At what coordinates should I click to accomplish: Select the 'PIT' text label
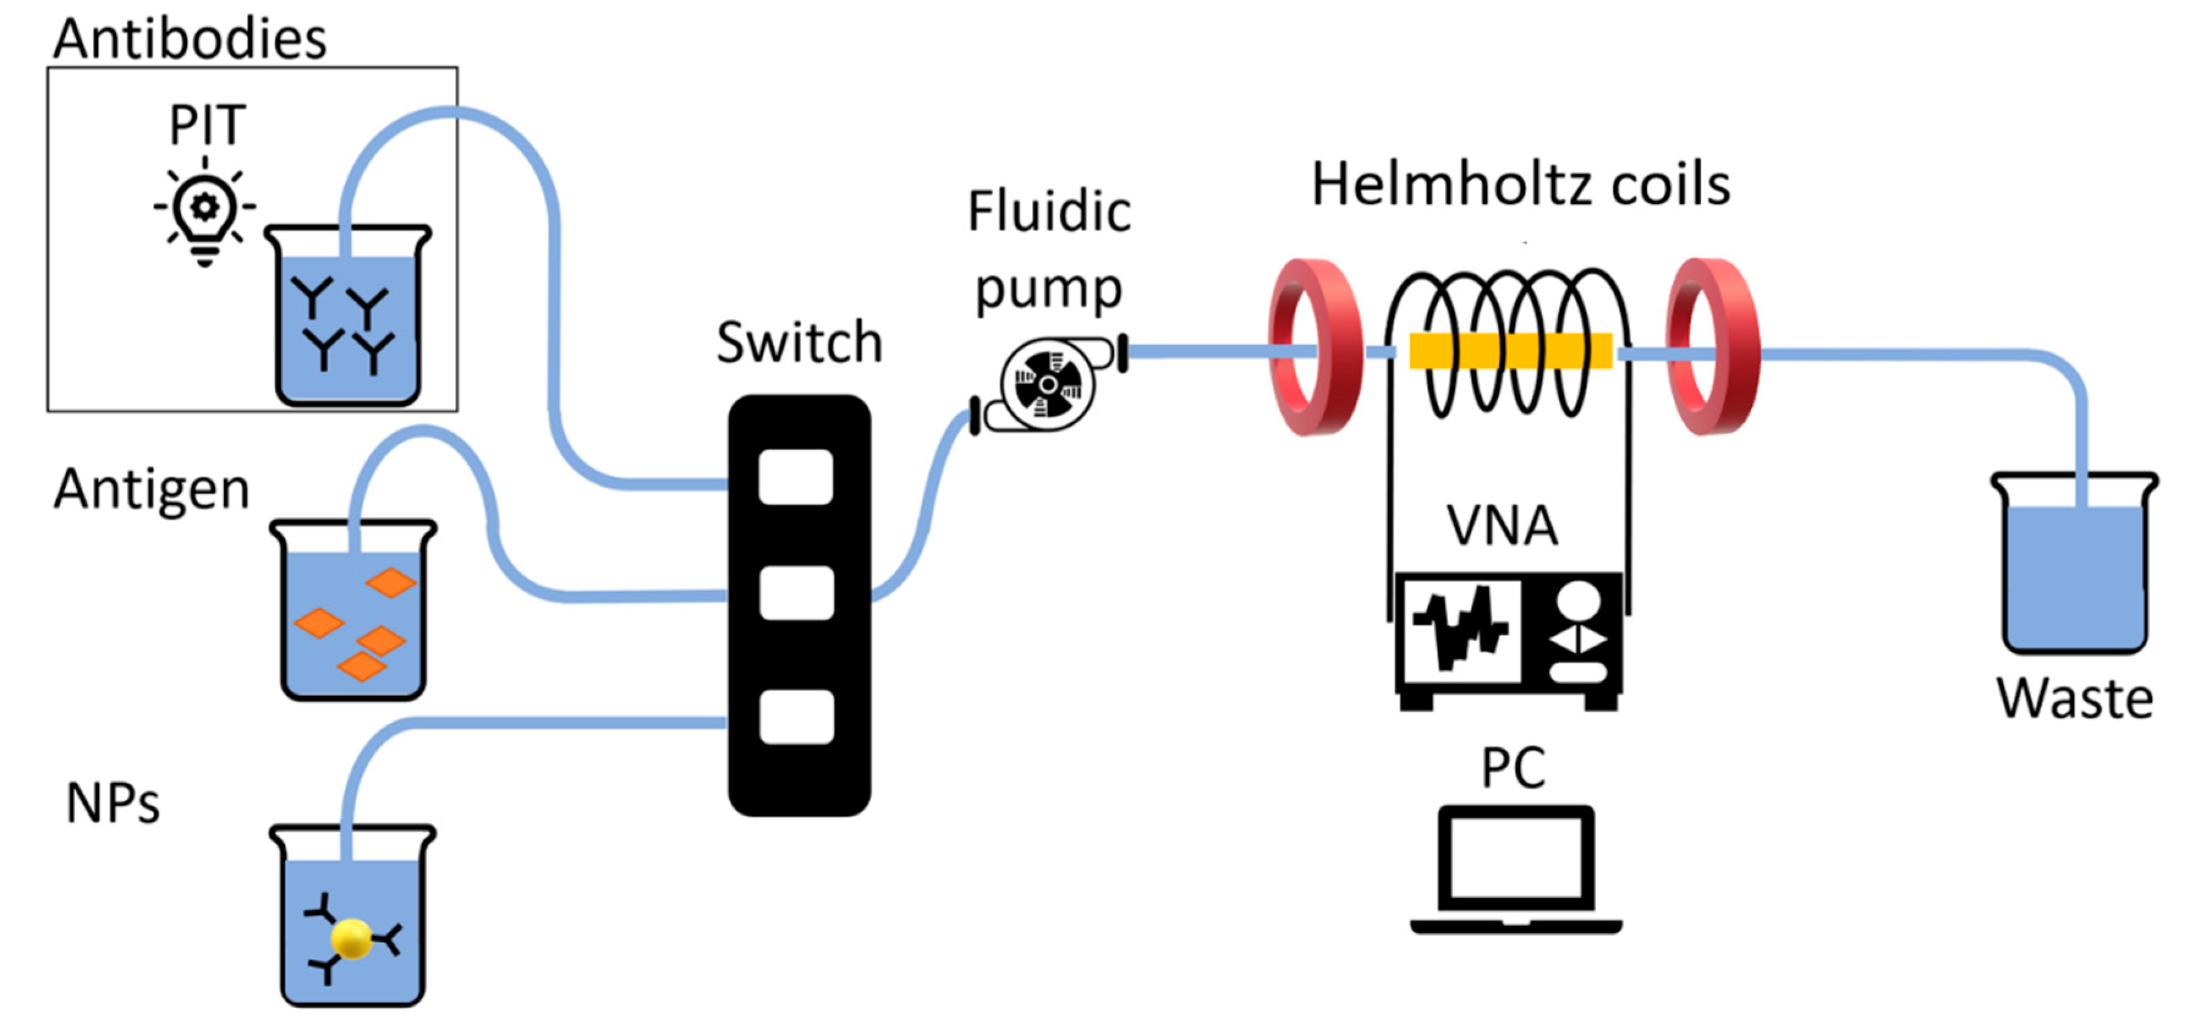(208, 125)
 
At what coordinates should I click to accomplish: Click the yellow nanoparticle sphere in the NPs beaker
(351, 938)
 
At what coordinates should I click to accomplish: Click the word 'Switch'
(799, 343)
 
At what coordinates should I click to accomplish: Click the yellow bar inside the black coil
(1511, 351)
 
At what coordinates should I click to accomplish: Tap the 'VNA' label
(1502, 525)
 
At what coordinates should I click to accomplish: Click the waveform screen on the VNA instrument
(1461, 629)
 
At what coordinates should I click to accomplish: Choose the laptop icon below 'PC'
(1516, 870)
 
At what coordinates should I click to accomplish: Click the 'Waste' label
(2075, 698)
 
